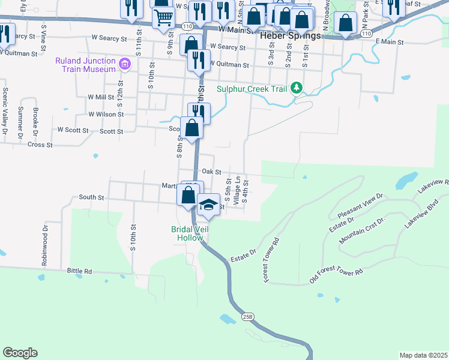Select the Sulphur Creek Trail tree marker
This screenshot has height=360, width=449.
pyautogui.click(x=295, y=89)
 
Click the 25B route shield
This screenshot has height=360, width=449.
pyautogui.click(x=249, y=316)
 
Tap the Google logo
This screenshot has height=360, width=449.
pyautogui.click(x=20, y=353)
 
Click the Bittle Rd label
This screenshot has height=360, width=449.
pyautogui.click(x=79, y=272)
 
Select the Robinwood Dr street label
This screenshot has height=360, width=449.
pyautogui.click(x=44, y=246)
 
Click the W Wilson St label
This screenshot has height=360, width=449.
pyautogui.click(x=106, y=114)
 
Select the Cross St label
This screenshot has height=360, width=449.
pyautogui.click(x=40, y=145)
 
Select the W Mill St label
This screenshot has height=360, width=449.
pyautogui.click(x=101, y=97)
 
